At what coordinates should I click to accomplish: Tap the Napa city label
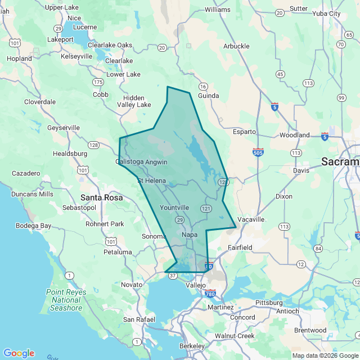point(190,234)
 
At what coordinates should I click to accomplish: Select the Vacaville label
point(251,219)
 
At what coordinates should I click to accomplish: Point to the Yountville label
point(174,208)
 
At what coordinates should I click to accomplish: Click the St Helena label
point(152,181)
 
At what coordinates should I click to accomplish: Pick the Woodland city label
point(295,135)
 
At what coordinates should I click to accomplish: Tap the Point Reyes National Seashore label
point(66,300)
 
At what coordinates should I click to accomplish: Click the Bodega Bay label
point(34,226)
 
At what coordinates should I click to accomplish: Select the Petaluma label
point(117,252)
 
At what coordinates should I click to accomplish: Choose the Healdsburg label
point(70,153)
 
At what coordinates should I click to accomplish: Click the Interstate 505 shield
point(258,152)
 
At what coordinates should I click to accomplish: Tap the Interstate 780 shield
point(210,294)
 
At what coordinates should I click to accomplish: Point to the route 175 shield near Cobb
point(98,82)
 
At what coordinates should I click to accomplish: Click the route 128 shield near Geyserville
point(93,145)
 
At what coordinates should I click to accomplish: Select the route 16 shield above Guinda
point(202,86)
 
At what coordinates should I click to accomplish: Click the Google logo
point(19,353)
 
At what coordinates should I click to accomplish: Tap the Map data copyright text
point(325,355)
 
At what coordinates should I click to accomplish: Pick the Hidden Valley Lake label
point(133,101)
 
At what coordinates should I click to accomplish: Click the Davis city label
point(301,170)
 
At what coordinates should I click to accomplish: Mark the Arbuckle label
point(236,46)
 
